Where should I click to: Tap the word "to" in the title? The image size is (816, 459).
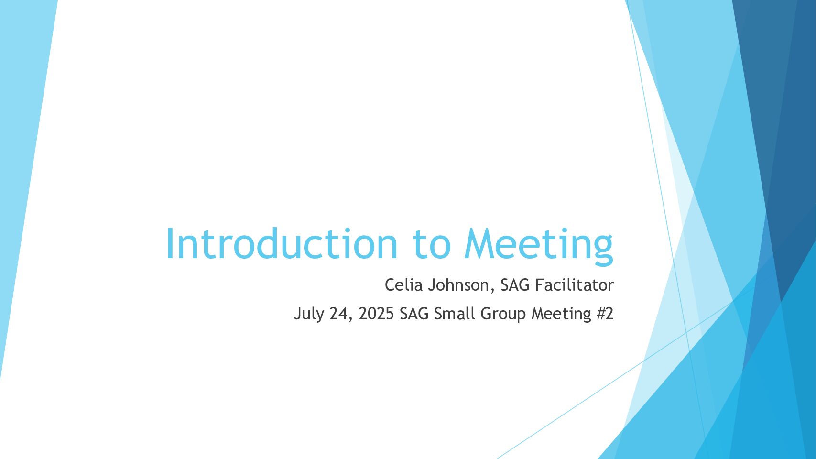(432, 244)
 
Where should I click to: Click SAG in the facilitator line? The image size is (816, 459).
(515, 285)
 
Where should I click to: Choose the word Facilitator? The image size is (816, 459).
(575, 285)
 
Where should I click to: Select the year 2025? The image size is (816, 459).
(376, 314)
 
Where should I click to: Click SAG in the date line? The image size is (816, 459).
(414, 314)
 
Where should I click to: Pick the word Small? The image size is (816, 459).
(455, 314)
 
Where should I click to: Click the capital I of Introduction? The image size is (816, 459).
(169, 243)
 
